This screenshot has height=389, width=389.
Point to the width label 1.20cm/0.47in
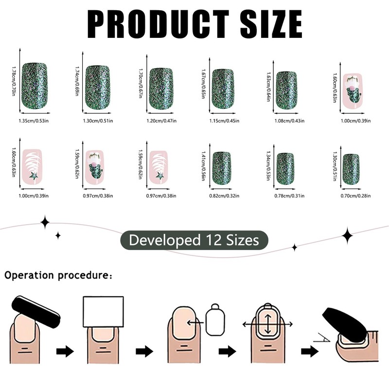pos(162,121)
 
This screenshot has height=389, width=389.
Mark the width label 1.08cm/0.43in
pos(289,121)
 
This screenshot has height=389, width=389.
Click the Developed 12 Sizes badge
pos(194,240)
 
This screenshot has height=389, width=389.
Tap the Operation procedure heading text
pos(59,275)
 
